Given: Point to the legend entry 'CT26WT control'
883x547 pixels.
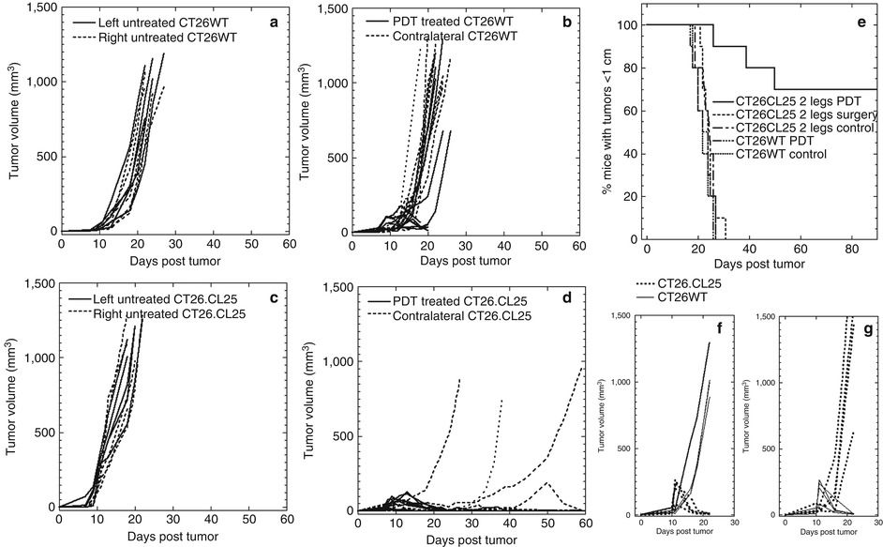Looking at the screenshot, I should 781,154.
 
